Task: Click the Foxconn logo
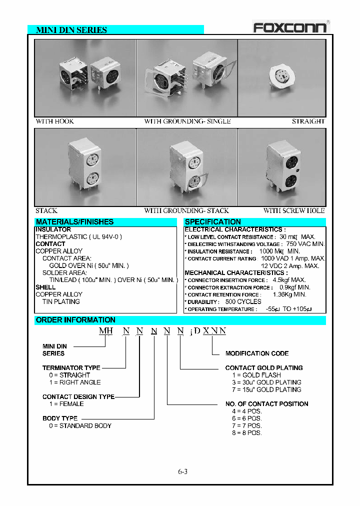(x=289, y=26)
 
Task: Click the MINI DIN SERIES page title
(x=71, y=30)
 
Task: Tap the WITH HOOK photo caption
(x=55, y=121)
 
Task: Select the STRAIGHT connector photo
(x=282, y=78)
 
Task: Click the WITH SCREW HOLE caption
(x=294, y=211)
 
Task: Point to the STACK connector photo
(x=84, y=167)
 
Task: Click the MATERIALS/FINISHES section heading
(x=74, y=222)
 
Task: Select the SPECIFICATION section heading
(x=213, y=222)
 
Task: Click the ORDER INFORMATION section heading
(x=75, y=320)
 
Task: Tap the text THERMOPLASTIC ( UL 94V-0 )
(x=78, y=236)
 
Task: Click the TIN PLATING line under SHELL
(x=61, y=301)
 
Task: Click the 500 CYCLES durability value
(x=243, y=302)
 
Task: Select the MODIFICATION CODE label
(x=257, y=353)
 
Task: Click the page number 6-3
(x=182, y=471)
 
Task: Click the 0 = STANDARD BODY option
(x=80, y=425)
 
